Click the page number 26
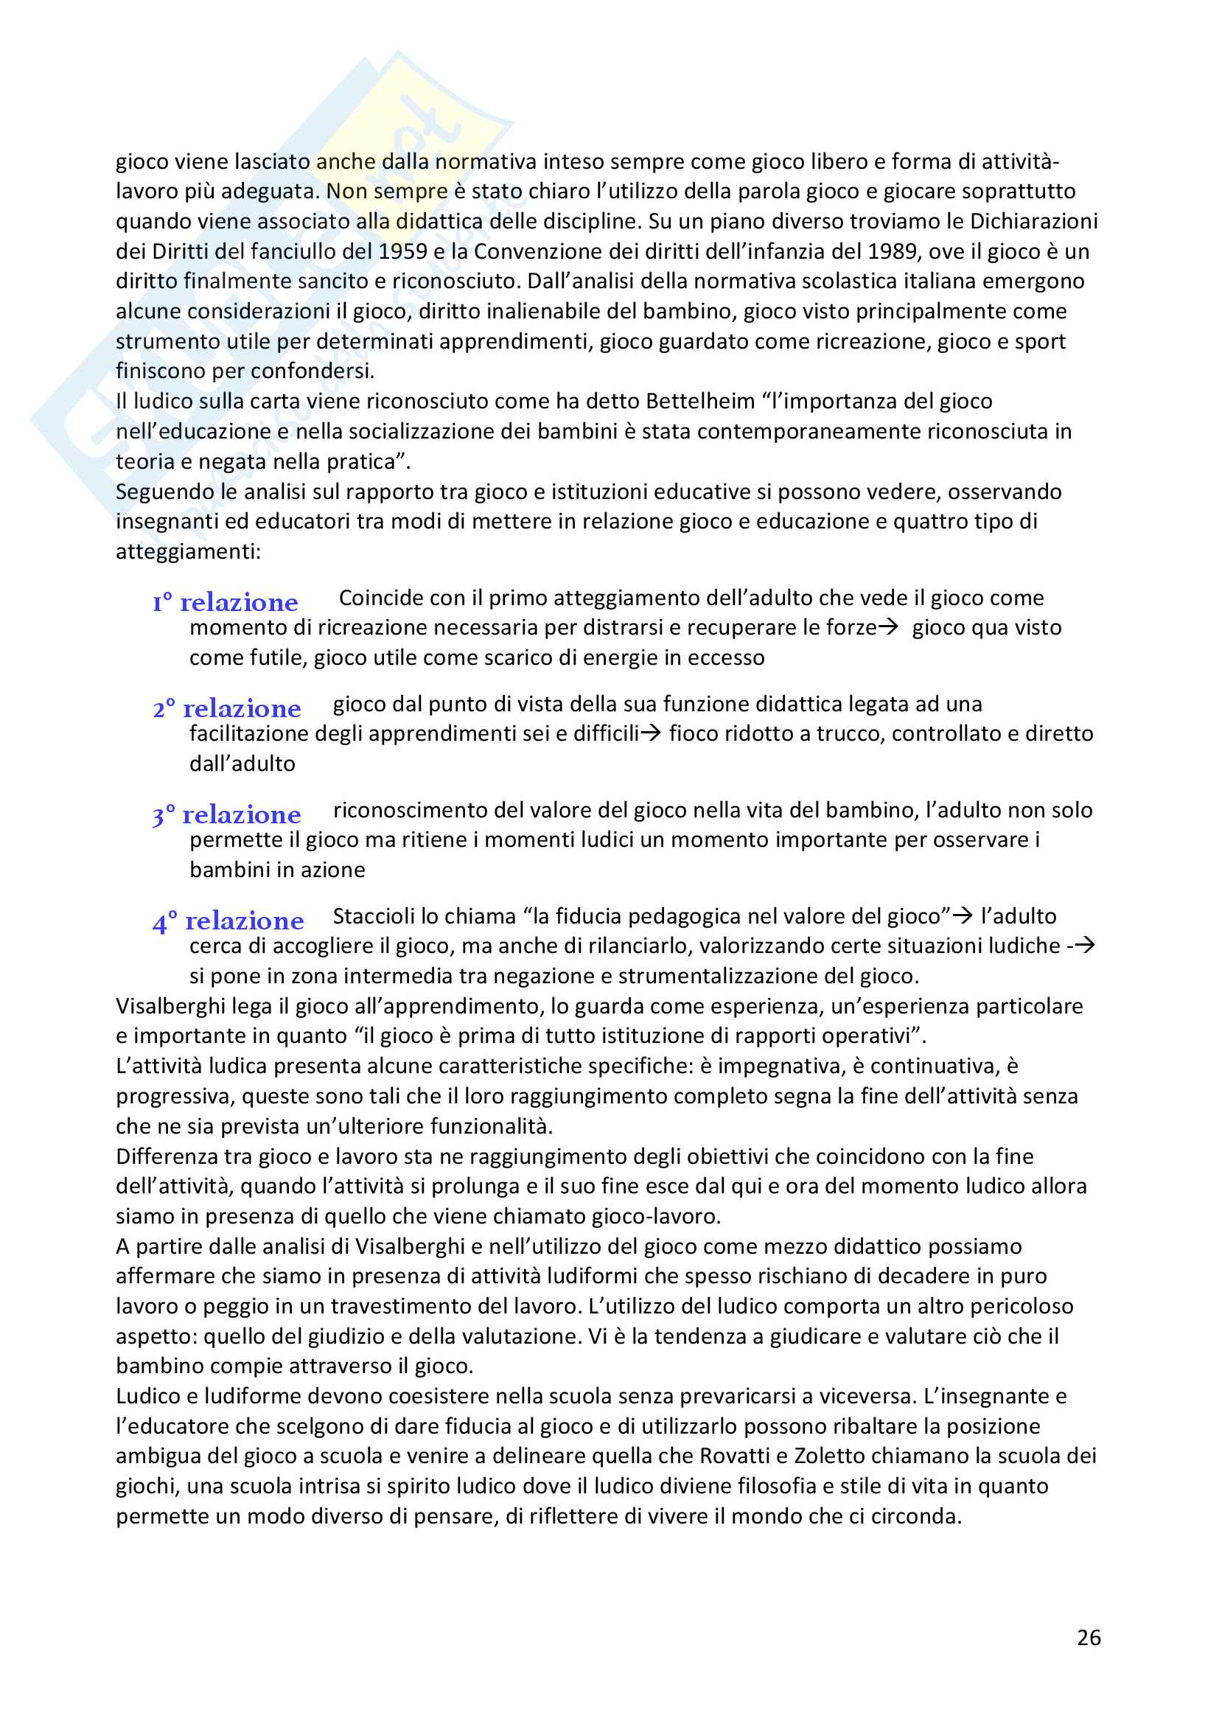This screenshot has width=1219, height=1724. click(x=1089, y=1638)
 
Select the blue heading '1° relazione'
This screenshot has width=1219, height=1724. click(x=226, y=603)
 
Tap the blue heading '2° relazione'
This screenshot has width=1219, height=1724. click(x=227, y=709)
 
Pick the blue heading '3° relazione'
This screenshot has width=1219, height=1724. click(x=227, y=814)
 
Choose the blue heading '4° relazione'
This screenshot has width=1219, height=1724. click(x=228, y=921)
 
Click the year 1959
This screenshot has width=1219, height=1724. click(x=403, y=251)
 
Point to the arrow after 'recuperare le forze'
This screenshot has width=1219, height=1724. click(x=888, y=628)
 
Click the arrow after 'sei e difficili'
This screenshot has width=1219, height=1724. click(x=651, y=733)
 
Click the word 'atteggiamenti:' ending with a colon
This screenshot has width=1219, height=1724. click(x=189, y=552)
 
